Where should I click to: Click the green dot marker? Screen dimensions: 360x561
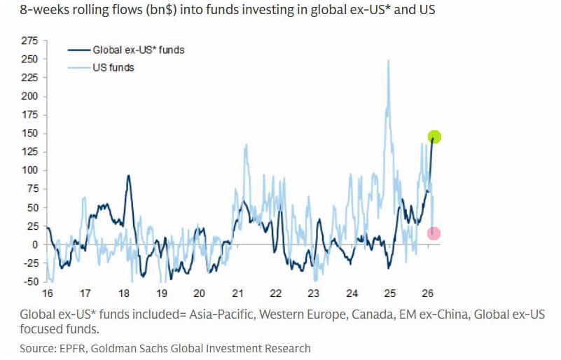434,137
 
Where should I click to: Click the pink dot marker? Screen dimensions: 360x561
434,233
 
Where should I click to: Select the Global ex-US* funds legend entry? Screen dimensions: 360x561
139,50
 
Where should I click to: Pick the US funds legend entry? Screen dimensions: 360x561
113,68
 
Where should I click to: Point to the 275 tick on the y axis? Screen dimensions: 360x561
30,41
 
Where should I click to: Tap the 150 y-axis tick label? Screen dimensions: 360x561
30,133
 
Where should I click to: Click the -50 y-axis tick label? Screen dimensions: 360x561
30,282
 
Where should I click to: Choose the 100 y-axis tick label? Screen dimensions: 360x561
30,170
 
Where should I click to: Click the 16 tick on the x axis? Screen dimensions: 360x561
48,293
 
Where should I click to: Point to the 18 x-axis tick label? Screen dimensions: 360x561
123,293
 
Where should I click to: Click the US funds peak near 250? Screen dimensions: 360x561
388,61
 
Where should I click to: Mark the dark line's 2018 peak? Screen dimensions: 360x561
128,176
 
